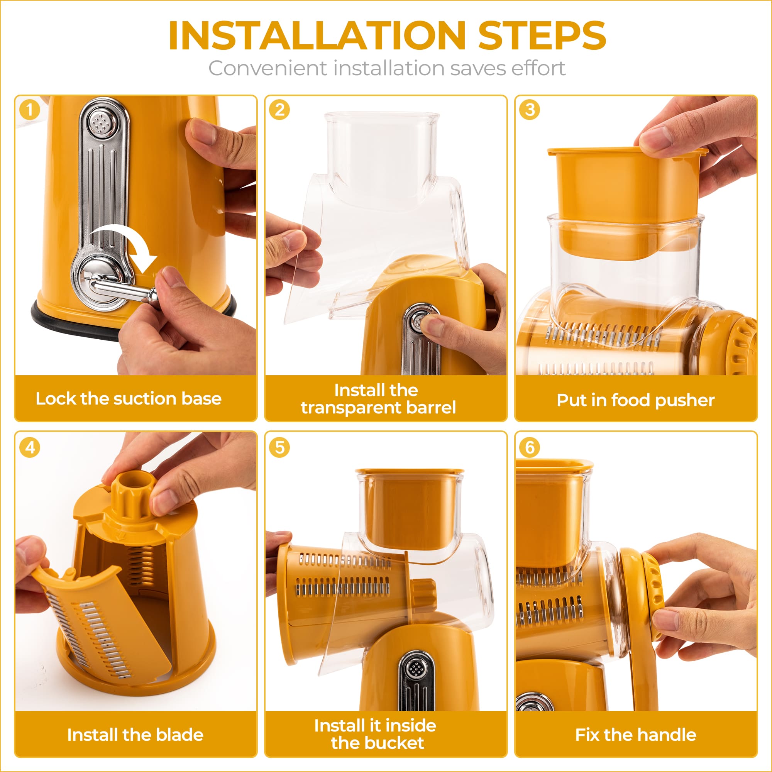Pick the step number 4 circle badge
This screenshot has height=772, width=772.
pos(30,447)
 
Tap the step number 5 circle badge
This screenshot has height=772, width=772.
pos(279,447)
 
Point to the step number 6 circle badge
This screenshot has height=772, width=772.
pos(530,447)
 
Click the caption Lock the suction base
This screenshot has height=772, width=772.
pos(128,399)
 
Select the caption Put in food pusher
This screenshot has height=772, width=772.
pos(635,400)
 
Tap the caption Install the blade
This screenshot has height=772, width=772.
pos(135,735)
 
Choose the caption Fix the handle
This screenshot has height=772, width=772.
pos(635,735)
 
